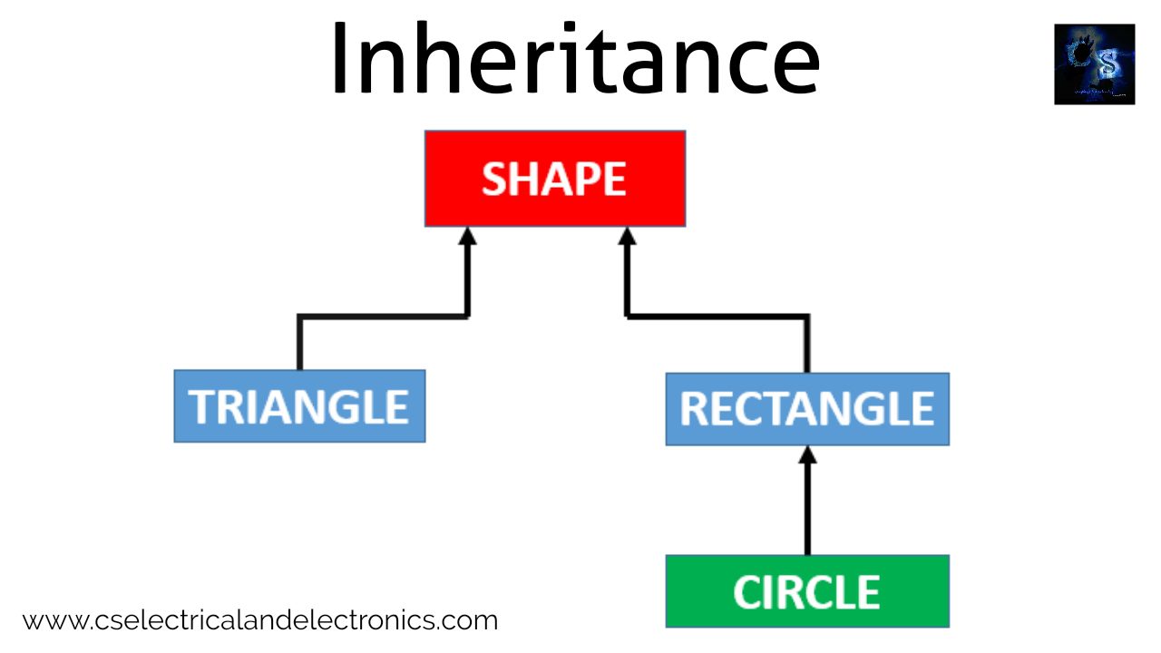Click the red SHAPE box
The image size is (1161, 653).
[554, 179]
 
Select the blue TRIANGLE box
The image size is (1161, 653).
[299, 406]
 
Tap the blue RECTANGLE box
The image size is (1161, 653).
[807, 409]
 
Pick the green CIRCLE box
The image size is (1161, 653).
[807, 591]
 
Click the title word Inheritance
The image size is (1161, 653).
[575, 59]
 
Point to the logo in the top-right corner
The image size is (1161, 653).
[1094, 64]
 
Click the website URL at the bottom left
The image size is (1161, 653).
[260, 621]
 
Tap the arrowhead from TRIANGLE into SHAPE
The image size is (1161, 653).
[467, 237]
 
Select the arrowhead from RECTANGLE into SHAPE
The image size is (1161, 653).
[625, 237]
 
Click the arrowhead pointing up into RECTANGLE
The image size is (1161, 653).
[807, 455]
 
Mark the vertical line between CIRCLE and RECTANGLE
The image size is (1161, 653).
[807, 508]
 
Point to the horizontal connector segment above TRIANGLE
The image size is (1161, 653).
[383, 316]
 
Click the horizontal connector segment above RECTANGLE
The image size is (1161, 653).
[717, 316]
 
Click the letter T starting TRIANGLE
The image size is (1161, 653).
[200, 407]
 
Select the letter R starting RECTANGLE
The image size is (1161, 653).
[693, 410]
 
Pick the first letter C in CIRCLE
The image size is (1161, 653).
[747, 592]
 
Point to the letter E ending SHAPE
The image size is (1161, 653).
[615, 180]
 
